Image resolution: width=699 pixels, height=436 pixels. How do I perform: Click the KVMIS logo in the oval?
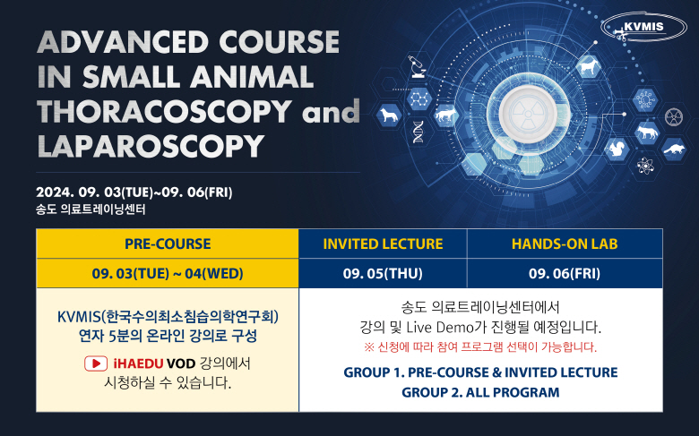pyautogui.click(x=643, y=27)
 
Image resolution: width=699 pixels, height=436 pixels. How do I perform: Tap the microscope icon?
pyautogui.click(x=419, y=66)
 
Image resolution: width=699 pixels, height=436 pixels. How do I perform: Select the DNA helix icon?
pyautogui.click(x=419, y=132)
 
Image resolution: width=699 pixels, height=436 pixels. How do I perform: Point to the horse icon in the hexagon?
pyautogui.click(x=588, y=67)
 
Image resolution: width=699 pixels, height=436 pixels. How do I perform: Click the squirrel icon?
pyautogui.click(x=617, y=149)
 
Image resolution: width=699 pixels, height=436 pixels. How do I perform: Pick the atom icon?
pyautogui.click(x=645, y=167)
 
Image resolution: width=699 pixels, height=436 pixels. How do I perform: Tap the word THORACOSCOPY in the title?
pyautogui.click(x=165, y=111)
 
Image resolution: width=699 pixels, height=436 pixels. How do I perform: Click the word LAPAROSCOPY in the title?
pyautogui.click(x=151, y=146)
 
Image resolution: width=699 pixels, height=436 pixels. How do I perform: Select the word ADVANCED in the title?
pyautogui.click(x=123, y=42)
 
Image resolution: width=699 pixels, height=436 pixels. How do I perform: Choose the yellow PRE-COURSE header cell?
pyautogui.click(x=168, y=244)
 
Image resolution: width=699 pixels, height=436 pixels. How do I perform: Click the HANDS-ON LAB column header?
pyautogui.click(x=565, y=244)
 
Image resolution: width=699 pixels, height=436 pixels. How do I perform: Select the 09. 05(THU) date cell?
pyautogui.click(x=383, y=273)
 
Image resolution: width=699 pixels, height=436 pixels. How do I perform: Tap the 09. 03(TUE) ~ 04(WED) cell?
pyautogui.click(x=168, y=273)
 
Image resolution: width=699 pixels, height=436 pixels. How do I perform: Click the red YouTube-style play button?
pyautogui.click(x=96, y=363)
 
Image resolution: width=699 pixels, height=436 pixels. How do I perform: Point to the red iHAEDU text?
pyautogui.click(x=138, y=363)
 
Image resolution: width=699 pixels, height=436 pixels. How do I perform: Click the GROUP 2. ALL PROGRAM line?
pyautogui.click(x=480, y=392)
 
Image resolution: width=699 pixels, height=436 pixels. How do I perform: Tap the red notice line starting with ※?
pyautogui.click(x=480, y=347)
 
